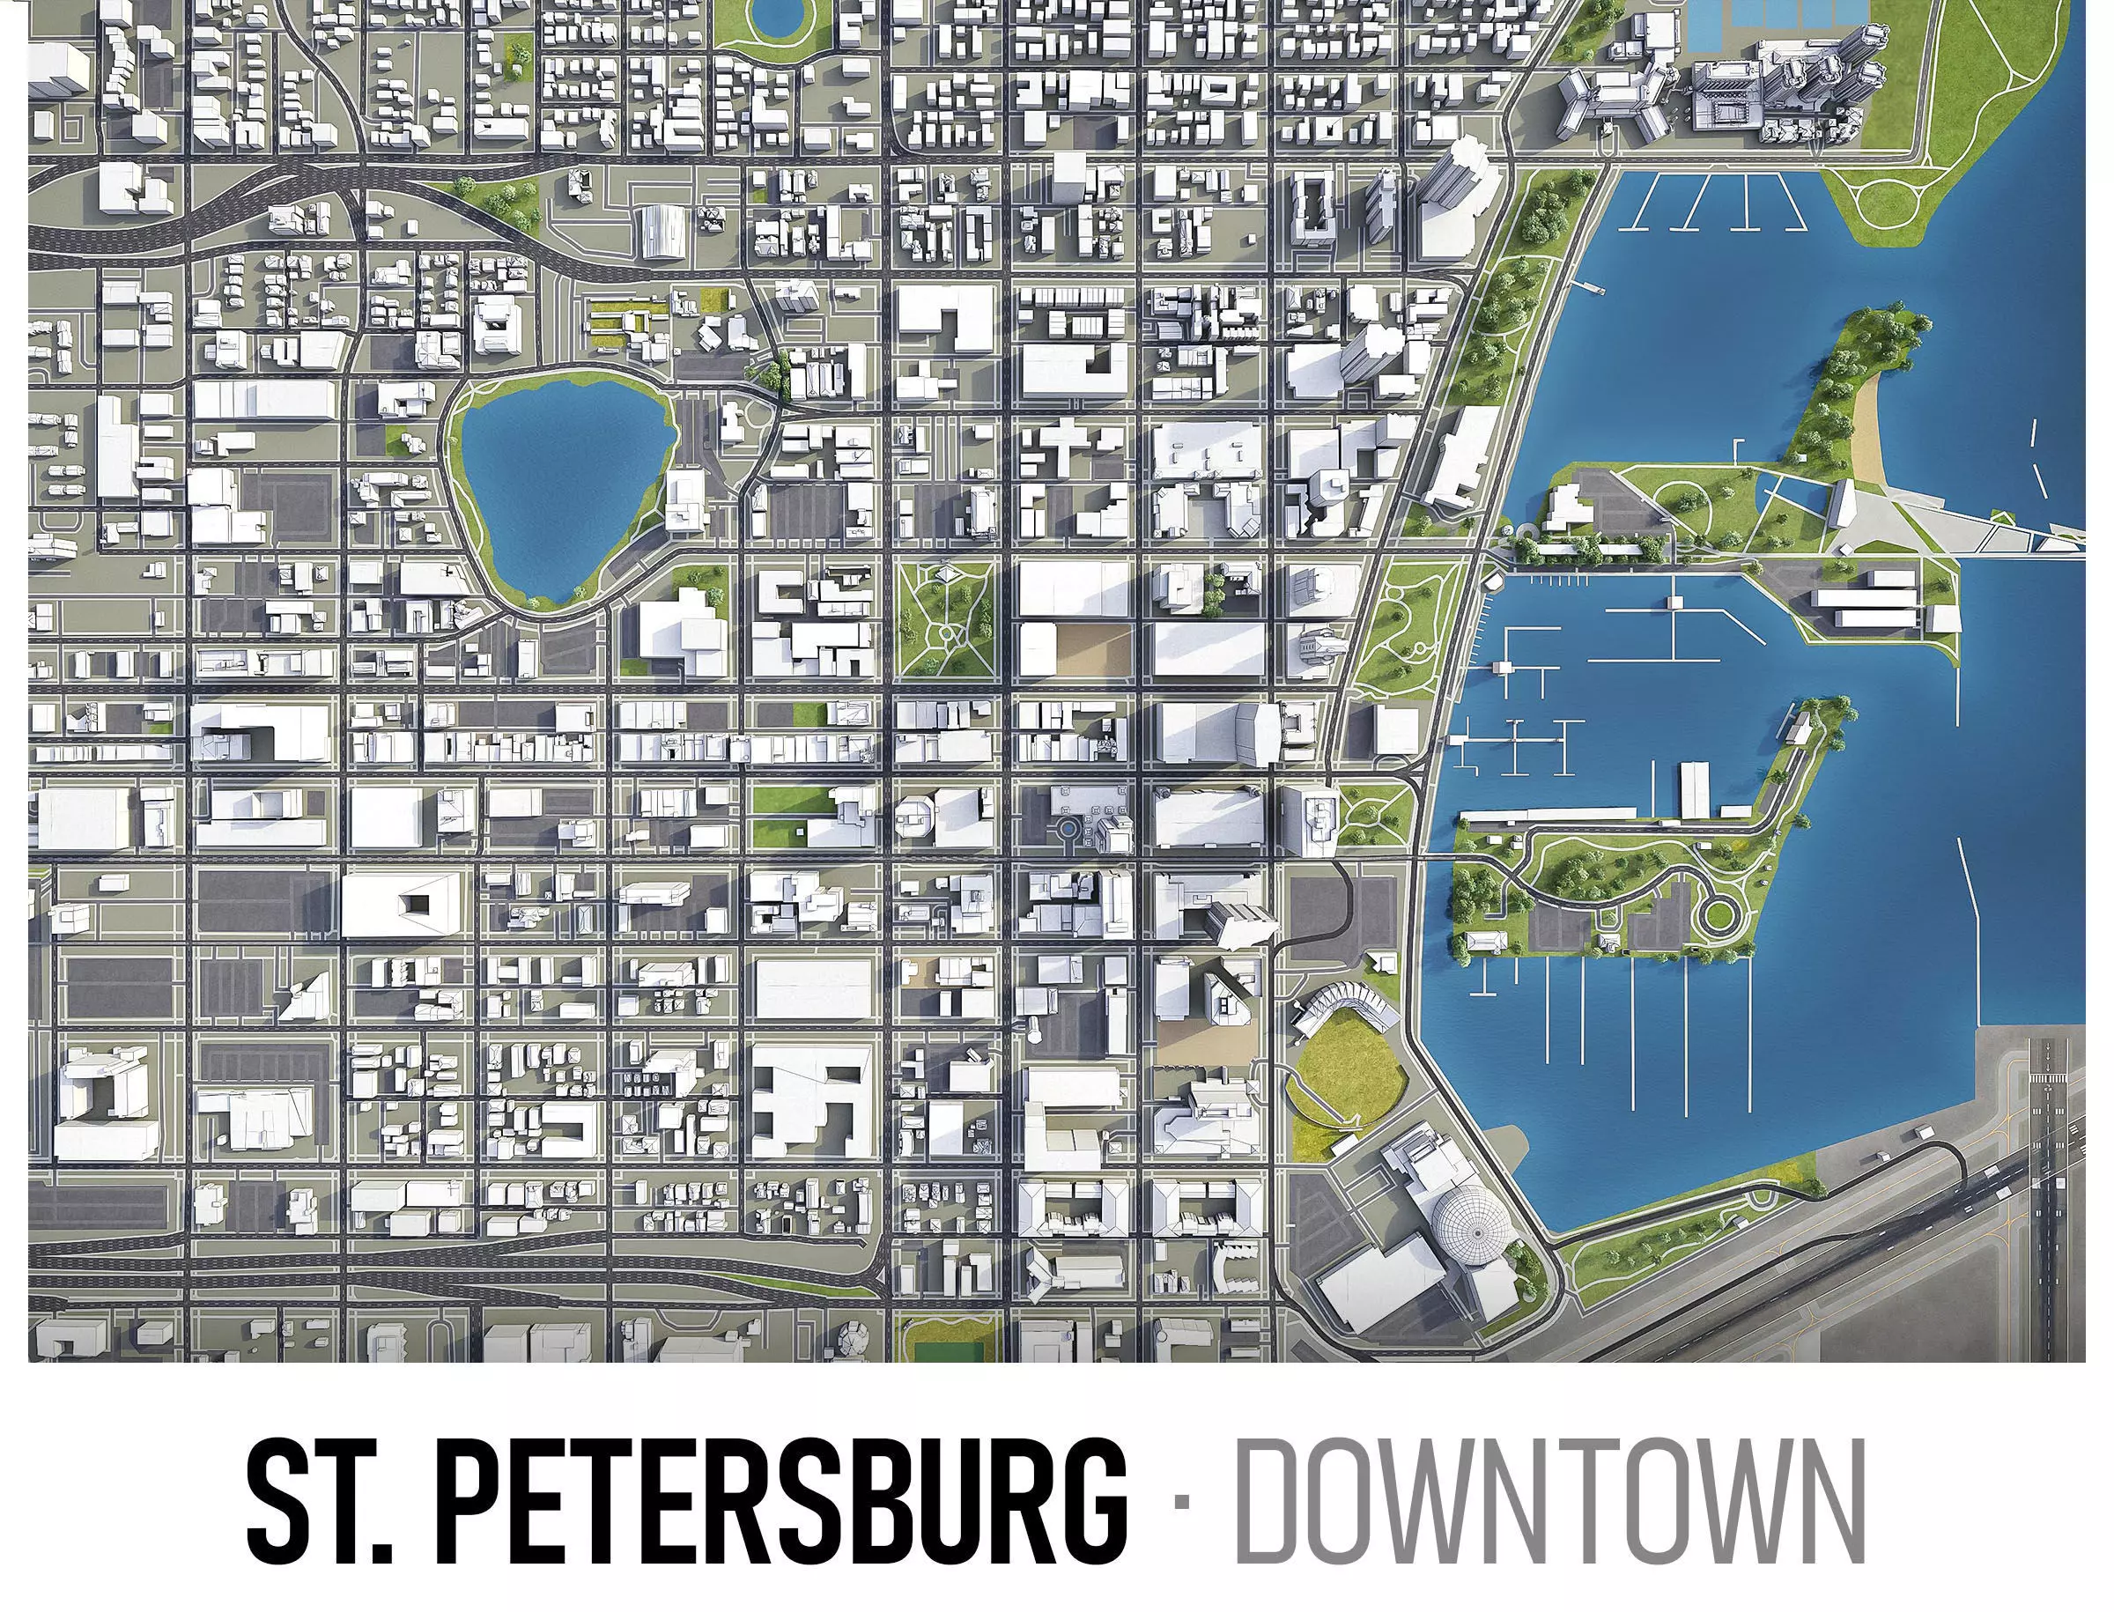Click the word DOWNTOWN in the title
coord(1549,1503)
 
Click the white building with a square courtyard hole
coord(403,903)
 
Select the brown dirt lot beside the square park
coord(1093,647)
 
